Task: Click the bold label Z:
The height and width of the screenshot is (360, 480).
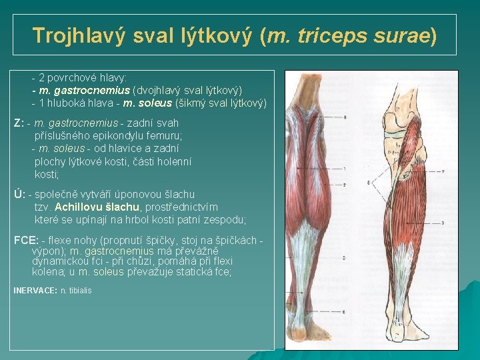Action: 19,123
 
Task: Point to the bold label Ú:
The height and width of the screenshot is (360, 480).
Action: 19,194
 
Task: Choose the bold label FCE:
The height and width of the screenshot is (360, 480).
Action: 26,240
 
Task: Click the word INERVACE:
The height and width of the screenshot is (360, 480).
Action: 35,291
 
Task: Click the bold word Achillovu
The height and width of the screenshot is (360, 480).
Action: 81,207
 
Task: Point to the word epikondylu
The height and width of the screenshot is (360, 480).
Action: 109,135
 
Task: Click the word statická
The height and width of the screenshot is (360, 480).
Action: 193,272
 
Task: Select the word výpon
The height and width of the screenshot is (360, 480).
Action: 46,251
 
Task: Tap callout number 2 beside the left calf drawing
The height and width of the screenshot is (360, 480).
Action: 345,184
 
